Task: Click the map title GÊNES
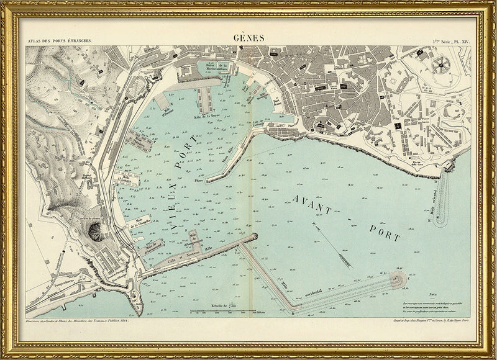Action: [248, 37]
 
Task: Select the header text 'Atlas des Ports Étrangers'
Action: [57, 42]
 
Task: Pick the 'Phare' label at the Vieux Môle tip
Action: [198, 181]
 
